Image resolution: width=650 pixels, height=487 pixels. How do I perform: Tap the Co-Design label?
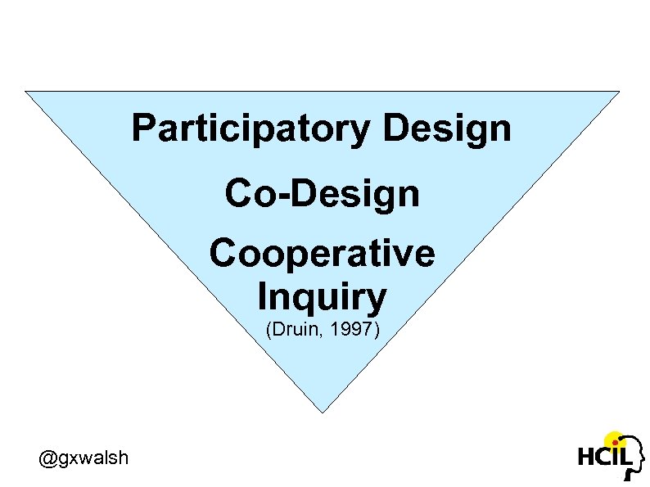tap(322, 194)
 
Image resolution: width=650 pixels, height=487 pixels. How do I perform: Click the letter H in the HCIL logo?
tap(587, 457)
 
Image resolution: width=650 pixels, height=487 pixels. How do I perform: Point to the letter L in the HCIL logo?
tap(625, 455)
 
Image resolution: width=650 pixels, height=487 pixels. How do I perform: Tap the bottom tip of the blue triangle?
tap(323, 412)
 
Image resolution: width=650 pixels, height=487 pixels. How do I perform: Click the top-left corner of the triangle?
tap(26, 91)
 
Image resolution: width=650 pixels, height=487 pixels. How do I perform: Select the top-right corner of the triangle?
tap(619, 91)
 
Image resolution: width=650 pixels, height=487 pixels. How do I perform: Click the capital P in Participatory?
tap(142, 129)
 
